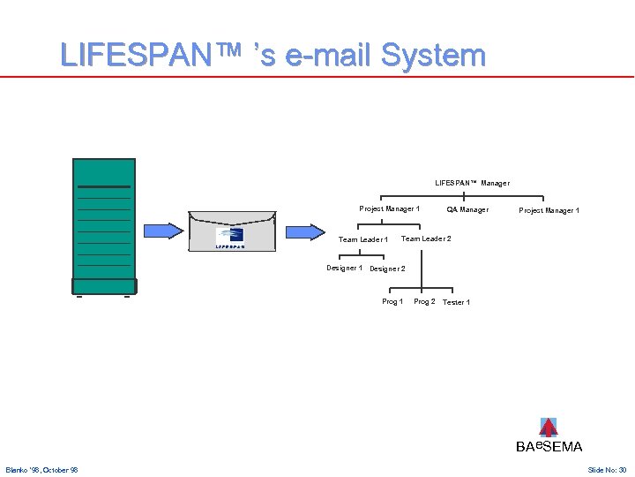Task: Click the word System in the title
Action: (433, 55)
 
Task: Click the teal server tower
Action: (103, 225)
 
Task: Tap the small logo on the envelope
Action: (230, 235)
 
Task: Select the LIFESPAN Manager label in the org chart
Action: (472, 183)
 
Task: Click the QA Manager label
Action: (467, 209)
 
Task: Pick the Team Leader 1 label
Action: (363, 239)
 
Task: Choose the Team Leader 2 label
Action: (426, 238)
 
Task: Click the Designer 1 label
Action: (344, 268)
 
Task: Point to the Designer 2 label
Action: (387, 269)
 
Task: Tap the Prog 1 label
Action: (392, 301)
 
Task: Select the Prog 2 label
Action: (424, 301)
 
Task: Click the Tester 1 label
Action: (456, 302)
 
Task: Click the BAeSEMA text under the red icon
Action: (549, 447)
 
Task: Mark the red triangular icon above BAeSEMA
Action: (549, 428)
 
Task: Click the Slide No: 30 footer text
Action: (607, 470)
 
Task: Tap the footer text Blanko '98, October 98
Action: (41, 470)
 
